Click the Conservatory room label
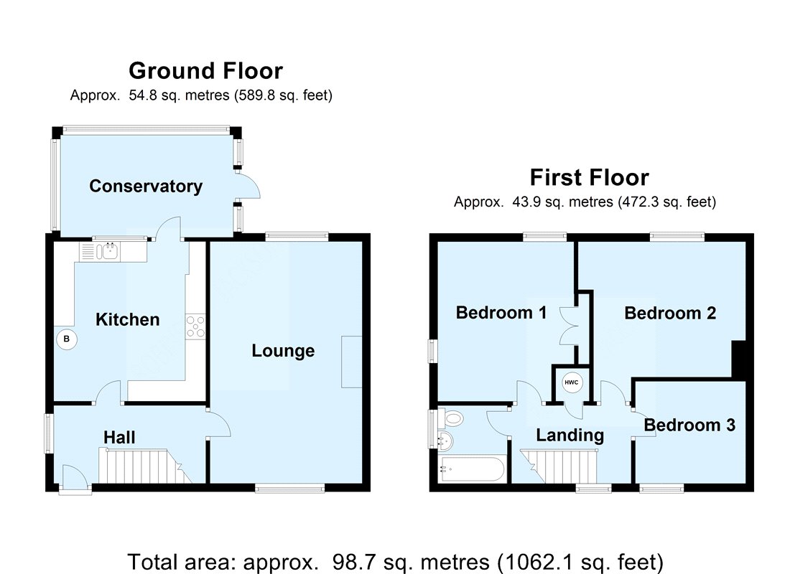146,187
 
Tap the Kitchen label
127,319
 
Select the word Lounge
283,351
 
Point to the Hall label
119,437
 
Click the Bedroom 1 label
501,313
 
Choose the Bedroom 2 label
670,313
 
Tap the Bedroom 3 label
689,425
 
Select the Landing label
570,436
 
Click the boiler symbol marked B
67,339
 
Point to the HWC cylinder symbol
572,382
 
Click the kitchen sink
107,251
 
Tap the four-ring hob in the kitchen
195,326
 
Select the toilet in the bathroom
452,418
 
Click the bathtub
471,469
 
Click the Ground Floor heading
205,70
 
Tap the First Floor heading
590,178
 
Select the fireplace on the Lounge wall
352,362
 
